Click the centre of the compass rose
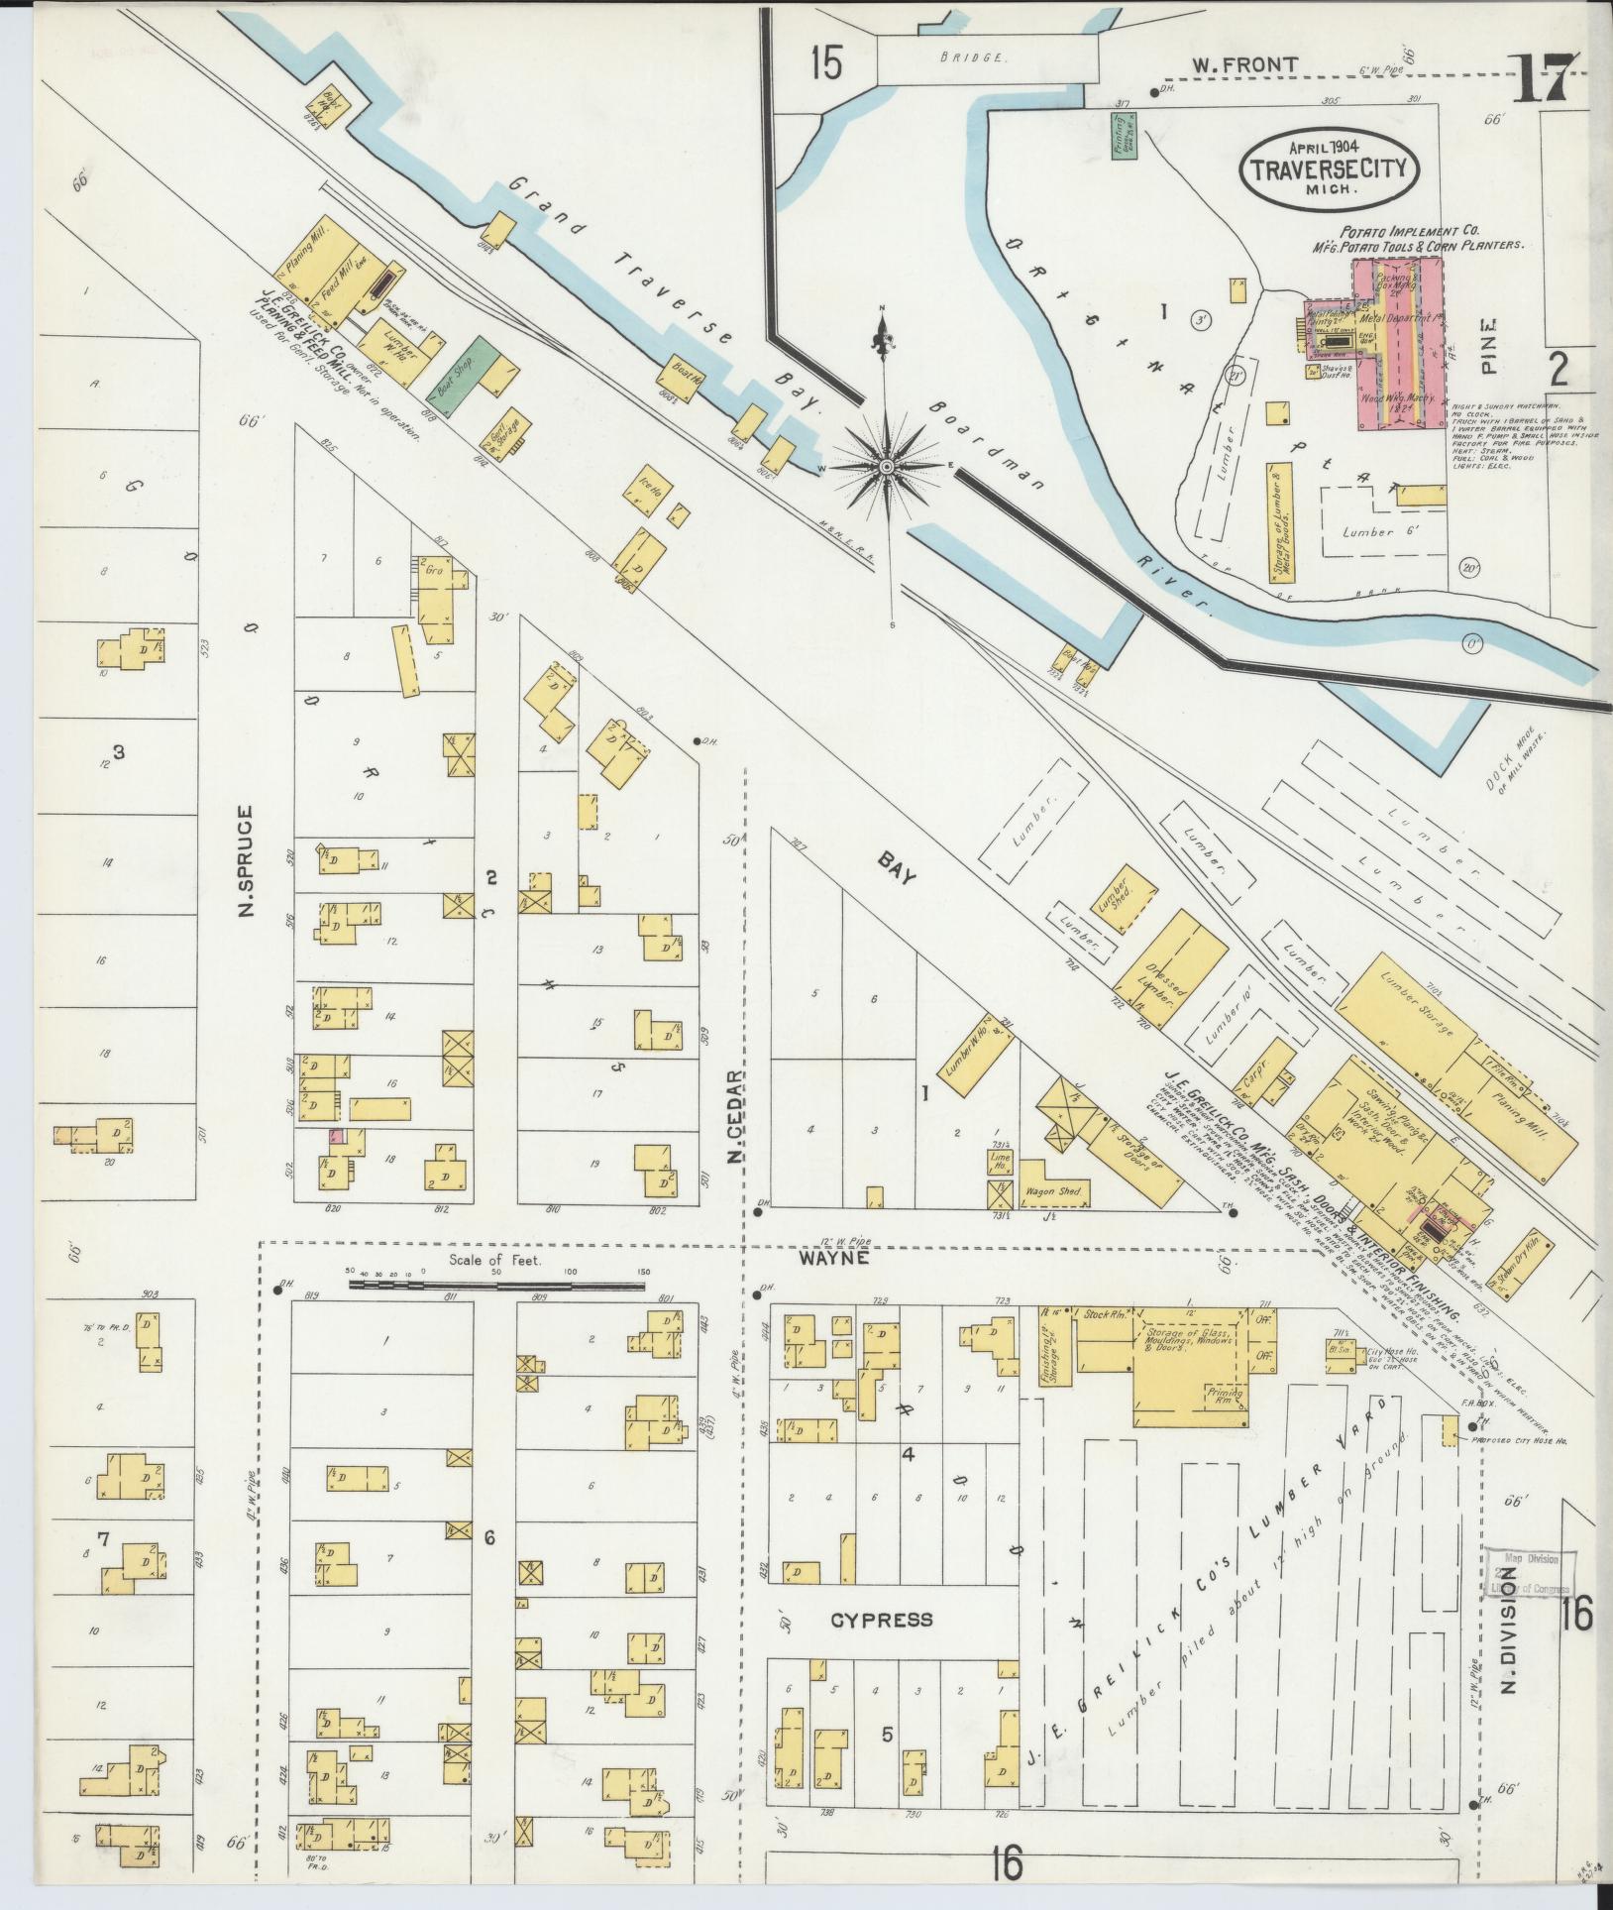coord(888,464)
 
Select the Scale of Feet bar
coord(496,1286)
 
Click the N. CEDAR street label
coord(734,1118)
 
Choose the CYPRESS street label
coord(881,1620)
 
